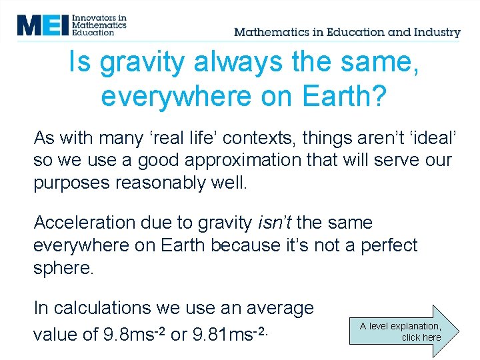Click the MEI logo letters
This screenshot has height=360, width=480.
[x=43, y=25]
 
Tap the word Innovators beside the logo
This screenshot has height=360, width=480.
[x=99, y=17]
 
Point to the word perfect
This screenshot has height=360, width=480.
[x=389, y=245]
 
